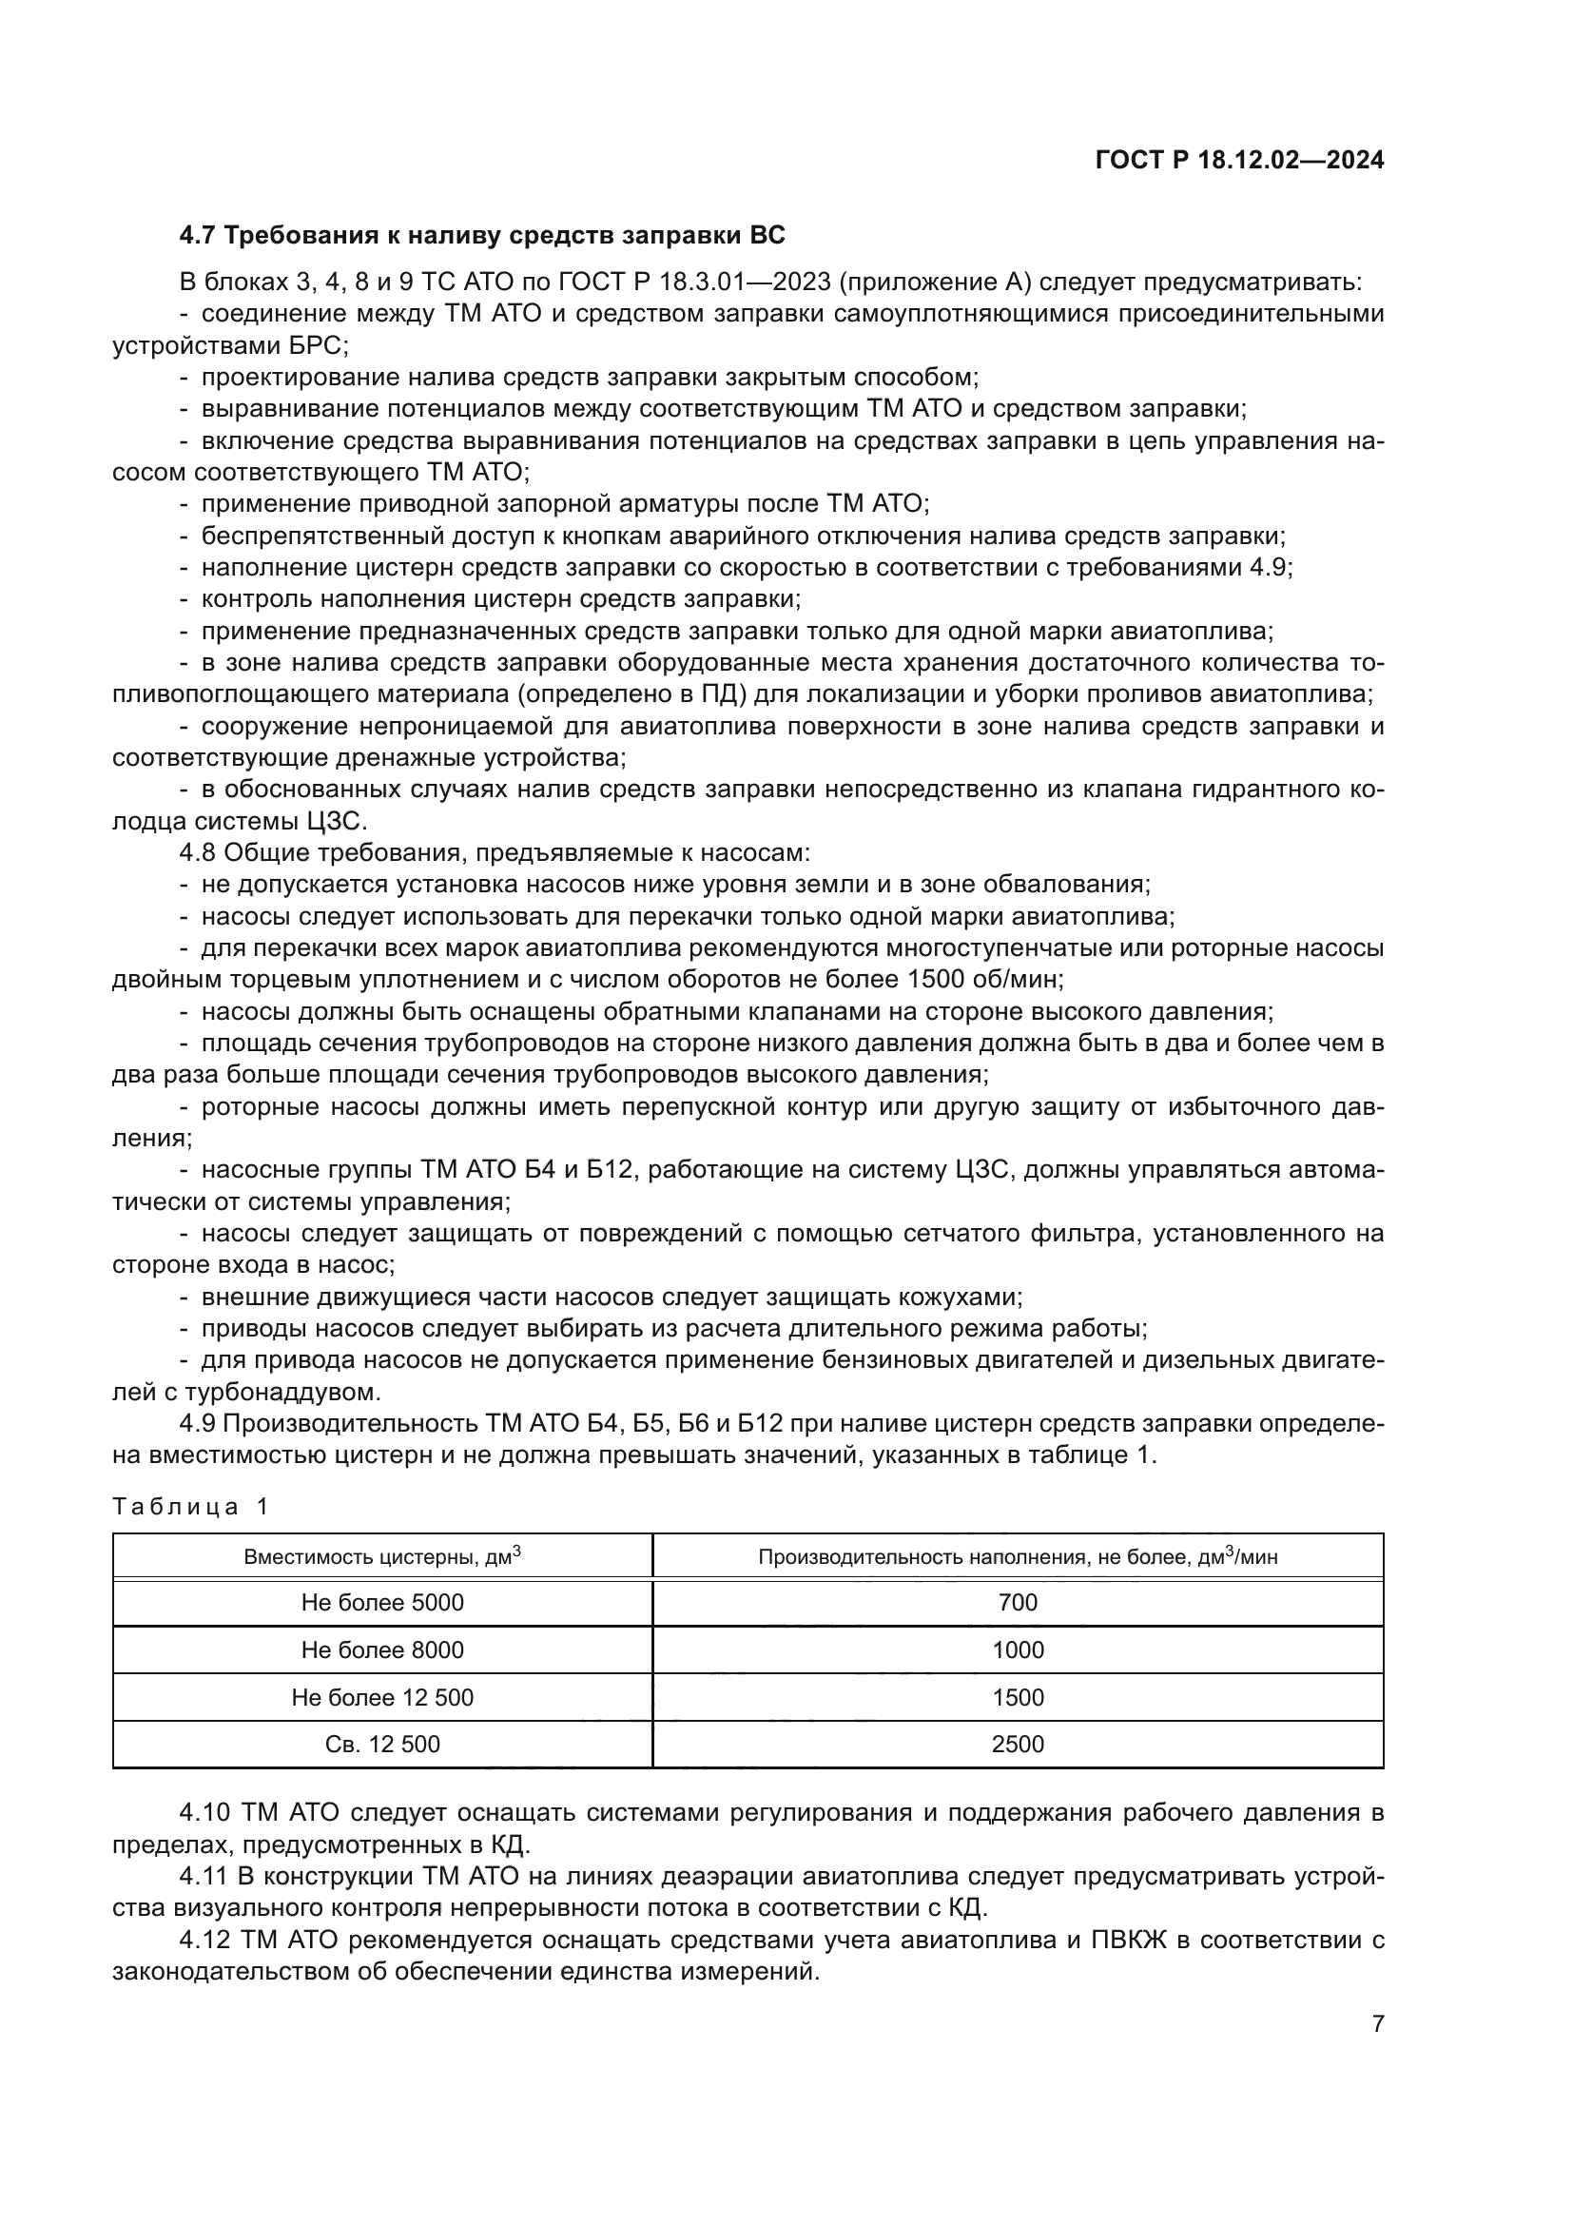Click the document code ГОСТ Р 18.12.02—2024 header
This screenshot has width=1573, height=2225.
coord(1239,160)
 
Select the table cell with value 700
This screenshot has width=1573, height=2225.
coord(1017,1602)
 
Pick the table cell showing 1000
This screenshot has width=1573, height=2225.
coord(1017,1649)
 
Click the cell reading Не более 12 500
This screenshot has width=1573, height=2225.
coord(382,1697)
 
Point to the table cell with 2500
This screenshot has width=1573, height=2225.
coord(1017,1745)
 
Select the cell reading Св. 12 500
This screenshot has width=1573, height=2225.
coord(382,1745)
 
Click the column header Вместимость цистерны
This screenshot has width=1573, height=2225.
coord(382,1556)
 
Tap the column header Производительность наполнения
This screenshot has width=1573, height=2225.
coord(1017,1556)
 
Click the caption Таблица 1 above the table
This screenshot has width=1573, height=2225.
coord(190,1506)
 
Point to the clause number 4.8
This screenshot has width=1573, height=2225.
coord(199,852)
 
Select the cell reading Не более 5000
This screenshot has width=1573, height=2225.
coord(382,1602)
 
